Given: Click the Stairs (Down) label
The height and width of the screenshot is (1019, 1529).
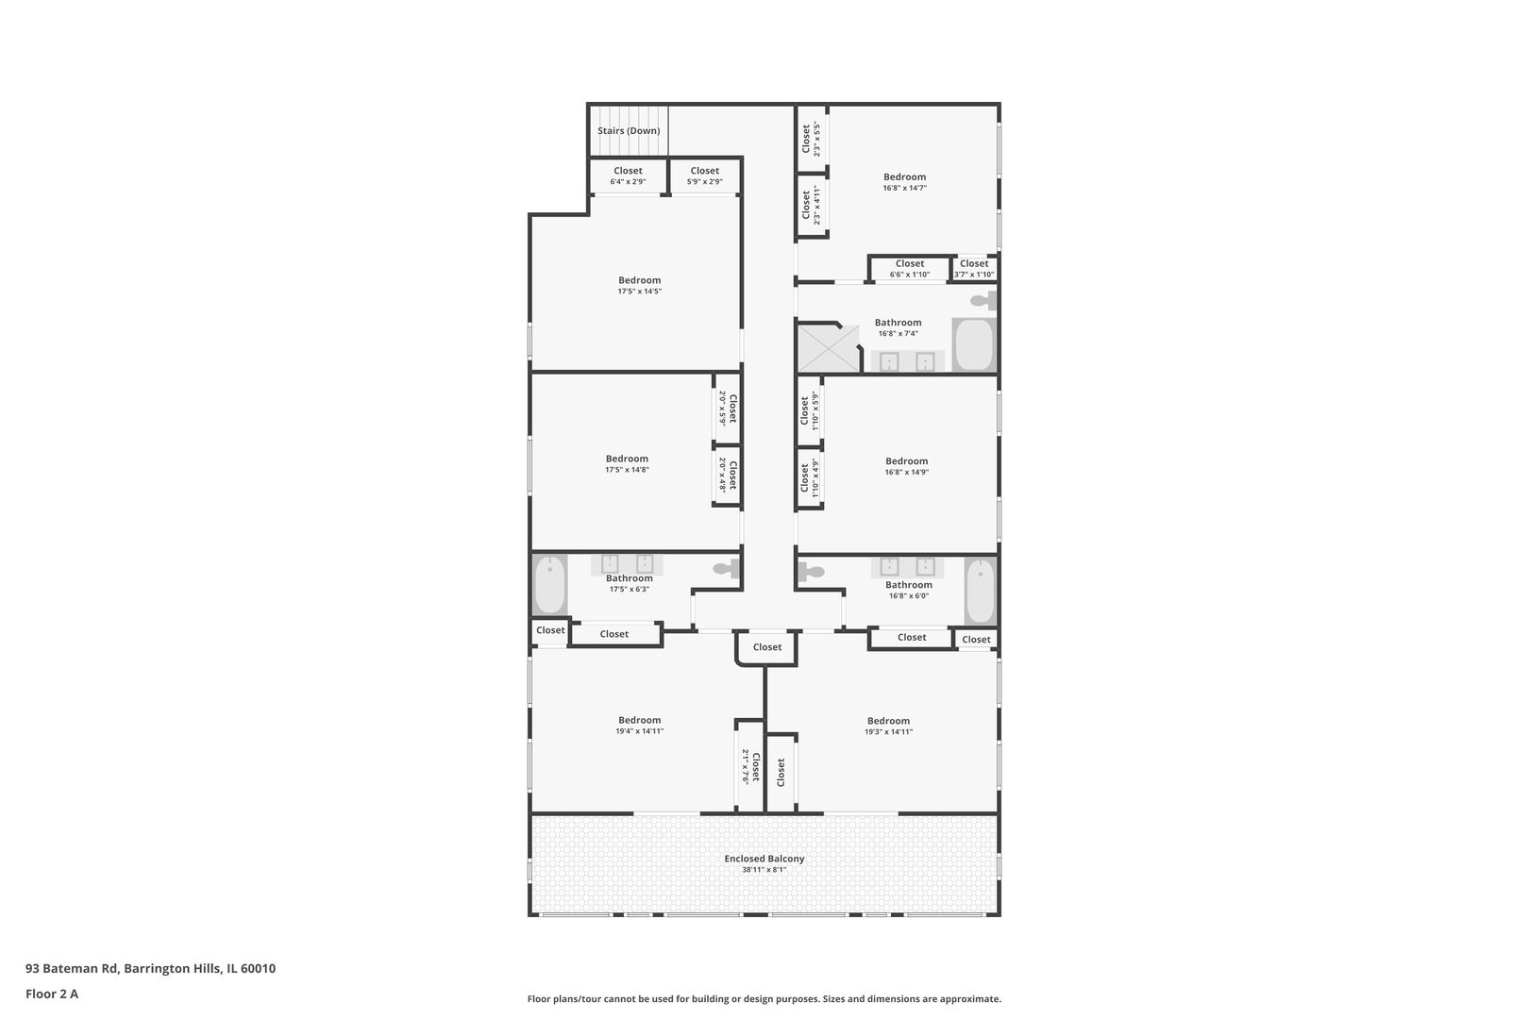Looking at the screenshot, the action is click(629, 130).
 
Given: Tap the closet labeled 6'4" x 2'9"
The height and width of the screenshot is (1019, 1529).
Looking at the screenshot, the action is click(628, 176).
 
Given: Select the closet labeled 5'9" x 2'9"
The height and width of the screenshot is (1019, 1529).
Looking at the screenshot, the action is click(704, 176).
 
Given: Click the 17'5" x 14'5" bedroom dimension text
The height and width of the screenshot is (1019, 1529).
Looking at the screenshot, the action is click(640, 292).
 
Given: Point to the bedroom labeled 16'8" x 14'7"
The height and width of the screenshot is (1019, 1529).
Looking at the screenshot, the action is click(904, 181).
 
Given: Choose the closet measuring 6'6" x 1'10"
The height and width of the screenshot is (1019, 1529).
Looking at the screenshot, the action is click(910, 268).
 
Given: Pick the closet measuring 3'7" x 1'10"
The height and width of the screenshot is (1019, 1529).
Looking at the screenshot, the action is click(974, 268).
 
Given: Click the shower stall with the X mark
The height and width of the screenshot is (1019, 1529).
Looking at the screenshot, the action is click(829, 349).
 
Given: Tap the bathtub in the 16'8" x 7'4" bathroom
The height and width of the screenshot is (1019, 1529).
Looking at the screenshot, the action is click(974, 344).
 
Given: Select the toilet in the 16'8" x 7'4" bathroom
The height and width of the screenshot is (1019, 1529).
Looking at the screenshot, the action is click(984, 300).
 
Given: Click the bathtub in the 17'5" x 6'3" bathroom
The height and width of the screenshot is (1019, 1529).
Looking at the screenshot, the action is click(549, 584).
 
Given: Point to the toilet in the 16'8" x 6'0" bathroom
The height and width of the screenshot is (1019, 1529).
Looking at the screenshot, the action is click(810, 571).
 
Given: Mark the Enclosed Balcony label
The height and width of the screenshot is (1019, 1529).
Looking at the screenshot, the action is click(764, 859).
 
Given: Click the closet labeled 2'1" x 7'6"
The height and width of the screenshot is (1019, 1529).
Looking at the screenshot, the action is click(750, 766).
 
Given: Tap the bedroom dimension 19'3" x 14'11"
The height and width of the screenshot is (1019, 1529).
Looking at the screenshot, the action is click(889, 732).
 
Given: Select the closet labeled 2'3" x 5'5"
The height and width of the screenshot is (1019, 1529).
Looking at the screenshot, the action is click(812, 139).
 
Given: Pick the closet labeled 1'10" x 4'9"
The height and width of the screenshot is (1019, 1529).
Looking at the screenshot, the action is click(810, 477).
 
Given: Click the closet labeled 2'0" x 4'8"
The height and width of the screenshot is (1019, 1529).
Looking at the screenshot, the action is click(727, 475).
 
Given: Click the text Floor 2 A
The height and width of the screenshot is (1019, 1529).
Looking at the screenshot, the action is click(52, 994).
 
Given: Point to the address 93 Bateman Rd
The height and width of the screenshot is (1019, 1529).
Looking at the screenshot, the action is click(72, 968).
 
